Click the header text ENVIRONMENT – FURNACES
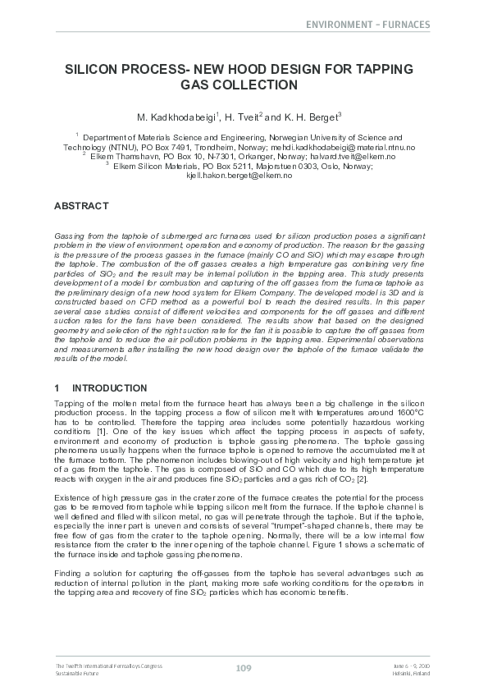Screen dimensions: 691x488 (367, 25)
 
